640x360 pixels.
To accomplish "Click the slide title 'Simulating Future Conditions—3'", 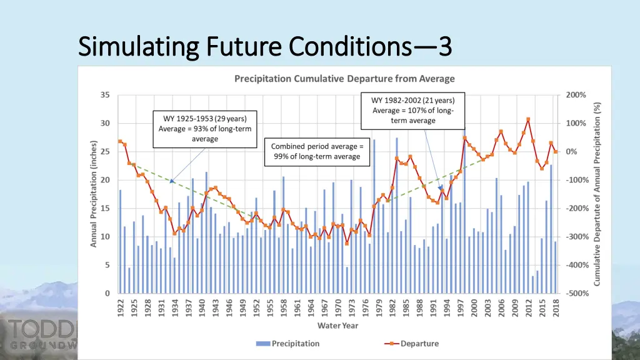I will point(266,46).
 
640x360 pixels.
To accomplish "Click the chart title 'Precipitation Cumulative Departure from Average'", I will point(344,79).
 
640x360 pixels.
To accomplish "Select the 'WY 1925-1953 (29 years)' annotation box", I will point(205,129).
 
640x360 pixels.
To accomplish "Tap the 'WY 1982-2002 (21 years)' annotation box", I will point(413,110).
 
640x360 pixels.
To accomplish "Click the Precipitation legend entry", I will point(287,344).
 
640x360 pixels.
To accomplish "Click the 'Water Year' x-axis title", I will point(338,325).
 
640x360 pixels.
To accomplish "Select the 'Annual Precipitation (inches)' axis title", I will point(94,193).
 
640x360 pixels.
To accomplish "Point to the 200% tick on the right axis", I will point(576,95).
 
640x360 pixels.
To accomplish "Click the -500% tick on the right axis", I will point(576,293).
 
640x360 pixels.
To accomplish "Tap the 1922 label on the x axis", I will point(121,307).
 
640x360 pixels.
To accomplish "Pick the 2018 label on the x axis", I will point(555,307).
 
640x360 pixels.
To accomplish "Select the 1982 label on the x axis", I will point(392,307).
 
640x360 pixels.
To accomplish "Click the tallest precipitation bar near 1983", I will point(397,216).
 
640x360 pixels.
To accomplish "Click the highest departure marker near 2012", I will point(528,119).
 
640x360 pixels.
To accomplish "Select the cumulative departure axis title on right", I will point(597,193).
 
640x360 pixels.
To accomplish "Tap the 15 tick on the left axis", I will point(106,208).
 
